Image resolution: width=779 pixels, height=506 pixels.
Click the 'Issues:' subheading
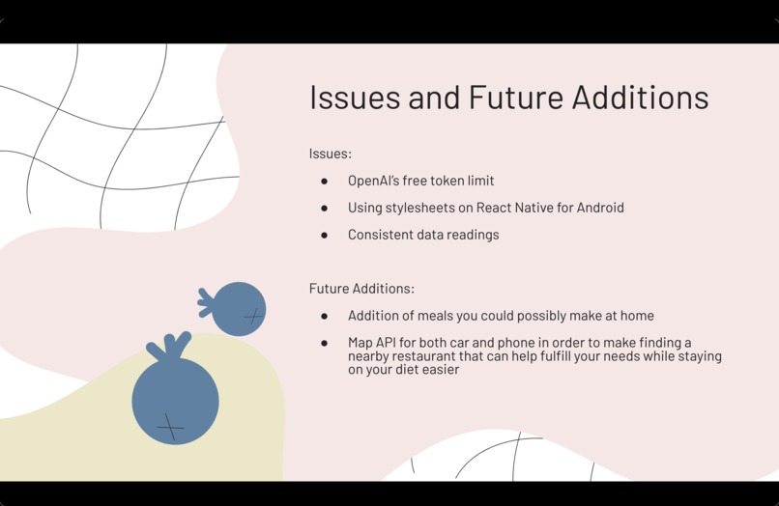pyautogui.click(x=331, y=154)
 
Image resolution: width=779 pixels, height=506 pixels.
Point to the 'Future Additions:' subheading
pyautogui.click(x=361, y=289)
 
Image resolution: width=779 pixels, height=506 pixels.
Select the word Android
pyautogui.click(x=599, y=208)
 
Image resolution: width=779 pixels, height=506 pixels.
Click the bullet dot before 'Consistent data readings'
pyautogui.click(x=325, y=235)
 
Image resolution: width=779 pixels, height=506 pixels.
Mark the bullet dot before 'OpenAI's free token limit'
pyautogui.click(x=325, y=181)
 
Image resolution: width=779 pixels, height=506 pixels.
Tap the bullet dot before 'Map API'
pyautogui.click(x=325, y=343)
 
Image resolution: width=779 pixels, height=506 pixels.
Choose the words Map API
pyautogui.click(x=372, y=343)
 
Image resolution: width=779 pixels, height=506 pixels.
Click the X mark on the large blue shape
pyautogui.click(x=170, y=425)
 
